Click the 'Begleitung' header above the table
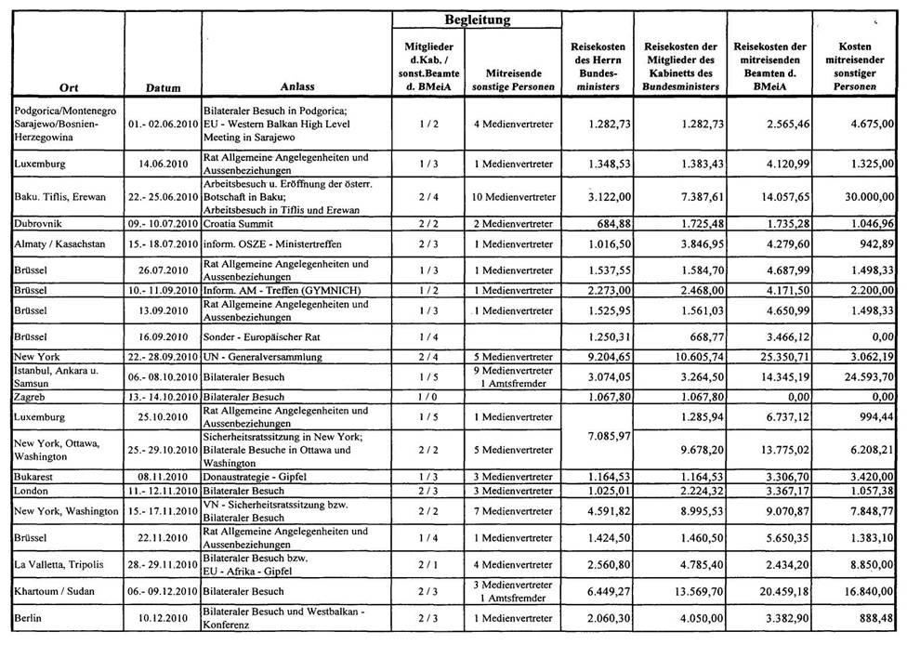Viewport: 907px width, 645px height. [x=477, y=19]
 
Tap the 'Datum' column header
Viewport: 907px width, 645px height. [x=163, y=88]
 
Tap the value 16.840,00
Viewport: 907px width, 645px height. [x=865, y=591]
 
